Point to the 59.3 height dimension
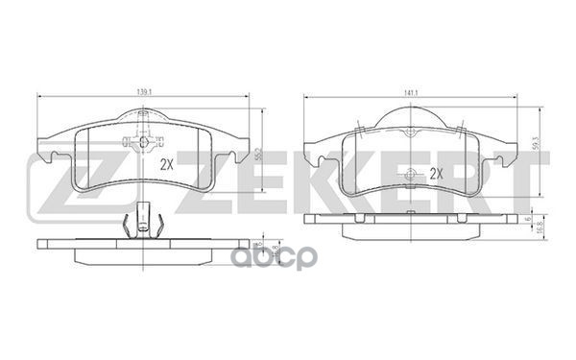click(535, 145)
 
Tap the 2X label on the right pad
click(437, 174)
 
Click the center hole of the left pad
click(143, 143)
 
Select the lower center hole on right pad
click(412, 174)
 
